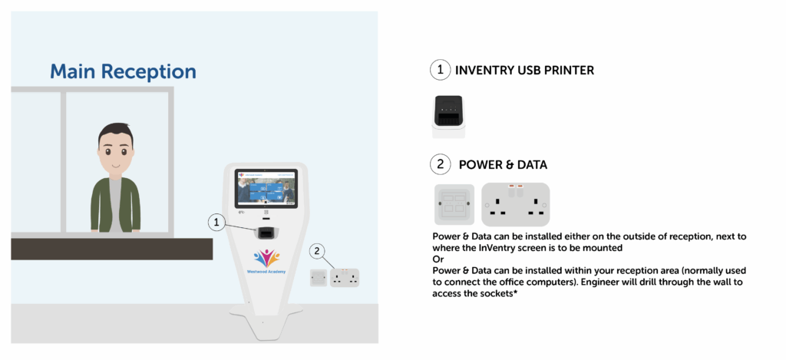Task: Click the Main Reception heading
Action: (123, 72)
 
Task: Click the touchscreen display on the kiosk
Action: (266, 189)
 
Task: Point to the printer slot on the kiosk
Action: (266, 232)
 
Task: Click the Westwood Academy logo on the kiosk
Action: (266, 262)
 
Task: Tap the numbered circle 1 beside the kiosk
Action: (217, 223)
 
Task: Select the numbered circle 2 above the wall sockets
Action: (319, 250)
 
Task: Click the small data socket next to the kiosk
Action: (317, 277)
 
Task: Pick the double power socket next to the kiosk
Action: (345, 278)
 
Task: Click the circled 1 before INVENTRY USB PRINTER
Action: (439, 71)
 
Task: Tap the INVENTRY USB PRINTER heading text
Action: (524, 71)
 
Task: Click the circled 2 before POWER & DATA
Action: (439, 163)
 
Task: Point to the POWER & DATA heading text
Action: (503, 164)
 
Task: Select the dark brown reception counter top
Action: (111, 248)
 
